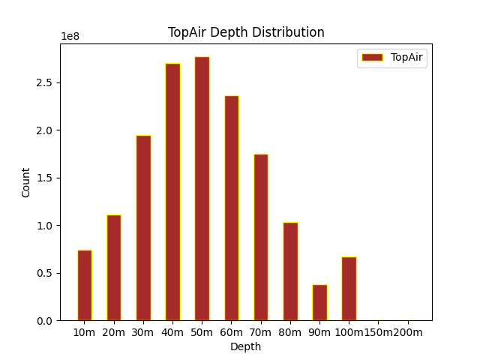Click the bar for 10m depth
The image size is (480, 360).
(85, 285)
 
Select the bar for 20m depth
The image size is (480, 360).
(114, 268)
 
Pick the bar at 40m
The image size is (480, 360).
(172, 192)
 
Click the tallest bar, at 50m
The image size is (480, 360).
(202, 189)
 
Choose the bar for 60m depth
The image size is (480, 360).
(232, 208)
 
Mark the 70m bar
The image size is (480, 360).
(261, 237)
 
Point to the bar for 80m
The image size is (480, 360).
(290, 271)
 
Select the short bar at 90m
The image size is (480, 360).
(319, 302)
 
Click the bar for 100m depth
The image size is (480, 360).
(349, 289)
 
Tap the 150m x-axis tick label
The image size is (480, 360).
(379, 332)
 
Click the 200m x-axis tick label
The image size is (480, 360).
(408, 332)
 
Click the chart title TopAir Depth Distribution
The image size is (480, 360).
(246, 32)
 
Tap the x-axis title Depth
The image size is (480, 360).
(246, 346)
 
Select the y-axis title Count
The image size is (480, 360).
(26, 182)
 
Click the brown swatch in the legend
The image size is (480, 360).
(372, 57)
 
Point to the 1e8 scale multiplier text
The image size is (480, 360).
(71, 37)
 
